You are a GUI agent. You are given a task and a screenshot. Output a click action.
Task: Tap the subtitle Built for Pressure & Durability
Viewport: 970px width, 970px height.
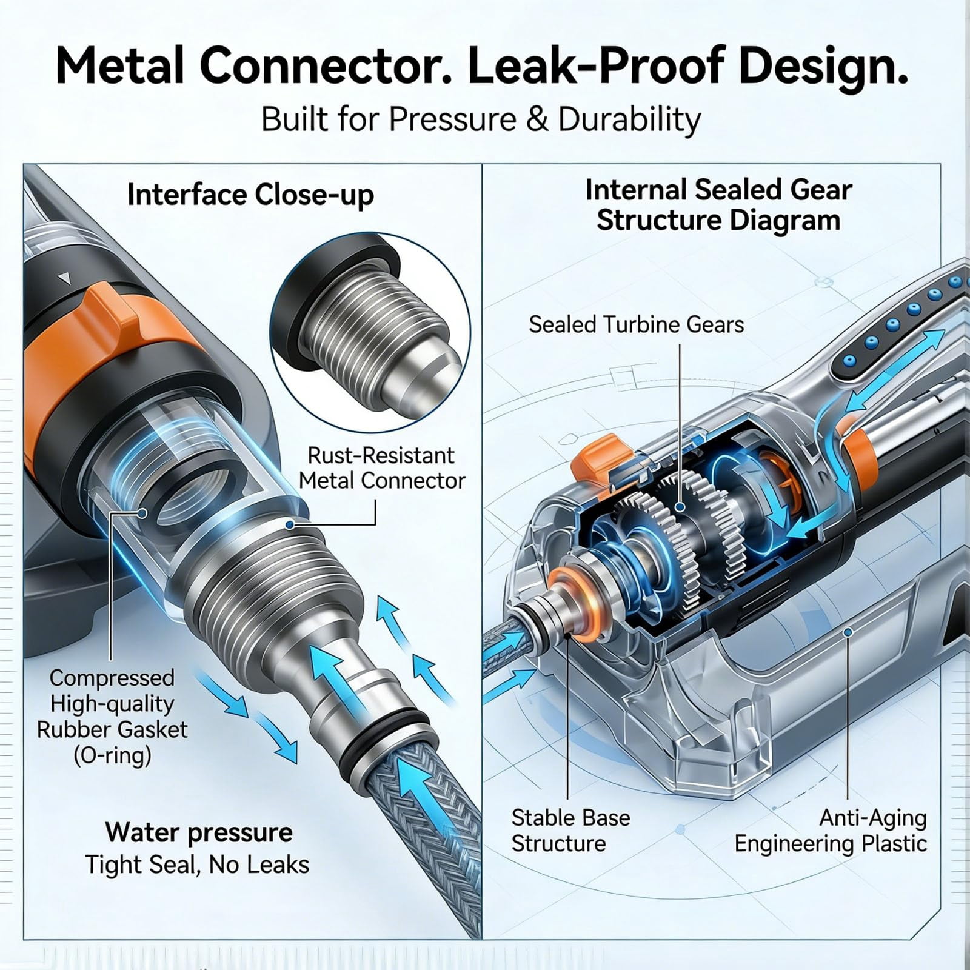(x=481, y=119)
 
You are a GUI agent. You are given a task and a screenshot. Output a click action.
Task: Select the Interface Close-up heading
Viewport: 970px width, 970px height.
(x=250, y=195)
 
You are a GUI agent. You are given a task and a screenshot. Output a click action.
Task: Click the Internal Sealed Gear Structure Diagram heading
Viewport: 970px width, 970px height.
(x=718, y=205)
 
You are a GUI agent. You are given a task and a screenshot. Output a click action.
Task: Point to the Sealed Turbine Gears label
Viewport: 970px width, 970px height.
(x=636, y=324)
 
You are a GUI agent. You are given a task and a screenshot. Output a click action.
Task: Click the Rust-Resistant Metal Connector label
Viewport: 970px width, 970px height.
(x=382, y=467)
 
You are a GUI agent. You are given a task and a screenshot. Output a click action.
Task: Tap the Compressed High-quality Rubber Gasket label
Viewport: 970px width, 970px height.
(x=112, y=717)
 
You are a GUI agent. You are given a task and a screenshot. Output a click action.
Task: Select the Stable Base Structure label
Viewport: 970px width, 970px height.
(x=570, y=831)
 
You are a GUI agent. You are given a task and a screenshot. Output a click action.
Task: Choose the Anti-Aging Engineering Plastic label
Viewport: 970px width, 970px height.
(x=831, y=831)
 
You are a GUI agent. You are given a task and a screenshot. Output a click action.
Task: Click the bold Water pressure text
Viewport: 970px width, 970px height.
(x=199, y=832)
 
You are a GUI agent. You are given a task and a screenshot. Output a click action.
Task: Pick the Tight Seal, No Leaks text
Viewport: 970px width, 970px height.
(x=197, y=865)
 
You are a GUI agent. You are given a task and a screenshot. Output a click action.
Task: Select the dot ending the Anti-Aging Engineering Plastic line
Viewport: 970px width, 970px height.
(x=848, y=632)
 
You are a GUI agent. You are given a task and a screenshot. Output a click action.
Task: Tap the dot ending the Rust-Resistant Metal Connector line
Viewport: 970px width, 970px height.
(x=290, y=524)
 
